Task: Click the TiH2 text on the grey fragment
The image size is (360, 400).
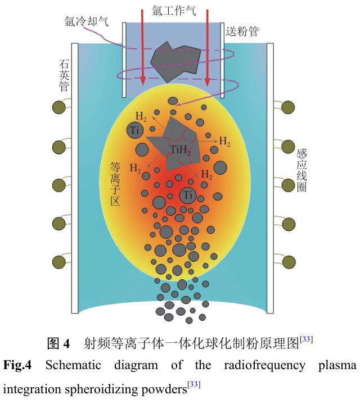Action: (181, 151)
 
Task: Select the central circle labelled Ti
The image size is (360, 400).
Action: (188, 196)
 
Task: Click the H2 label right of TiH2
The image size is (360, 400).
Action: (225, 142)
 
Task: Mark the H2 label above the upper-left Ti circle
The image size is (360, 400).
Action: (141, 116)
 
